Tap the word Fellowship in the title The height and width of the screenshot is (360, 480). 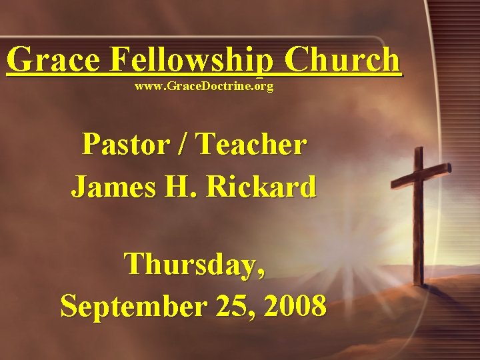click(191, 61)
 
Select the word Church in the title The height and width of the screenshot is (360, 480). click(343, 61)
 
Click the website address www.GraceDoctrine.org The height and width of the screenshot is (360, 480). click(204, 87)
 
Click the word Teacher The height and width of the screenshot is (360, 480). click(253, 144)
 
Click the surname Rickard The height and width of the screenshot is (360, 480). click(261, 187)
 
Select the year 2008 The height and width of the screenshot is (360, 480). click(295, 306)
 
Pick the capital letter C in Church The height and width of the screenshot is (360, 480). click(298, 61)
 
